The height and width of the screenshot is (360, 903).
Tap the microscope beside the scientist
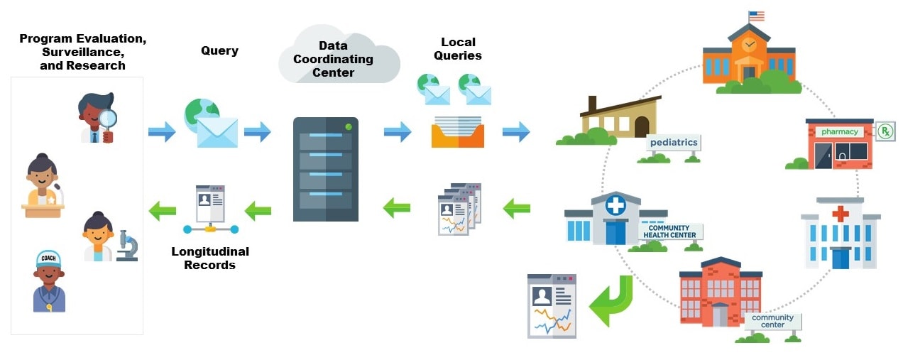(x=127, y=246)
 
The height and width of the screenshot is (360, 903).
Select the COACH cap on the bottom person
(x=48, y=259)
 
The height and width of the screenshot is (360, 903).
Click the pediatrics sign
(x=673, y=143)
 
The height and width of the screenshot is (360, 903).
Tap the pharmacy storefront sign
(x=840, y=131)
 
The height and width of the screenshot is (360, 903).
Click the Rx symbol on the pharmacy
(x=885, y=131)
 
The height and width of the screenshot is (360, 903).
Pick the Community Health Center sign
(x=669, y=231)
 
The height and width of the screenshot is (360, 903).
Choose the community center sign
(x=773, y=322)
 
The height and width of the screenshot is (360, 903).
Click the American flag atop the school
(x=756, y=16)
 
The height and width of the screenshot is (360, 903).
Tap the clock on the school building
(x=749, y=45)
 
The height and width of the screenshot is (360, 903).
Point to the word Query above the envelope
(x=219, y=50)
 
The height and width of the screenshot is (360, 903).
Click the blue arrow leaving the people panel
(x=162, y=131)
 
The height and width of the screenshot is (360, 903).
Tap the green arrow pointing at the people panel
(x=162, y=211)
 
